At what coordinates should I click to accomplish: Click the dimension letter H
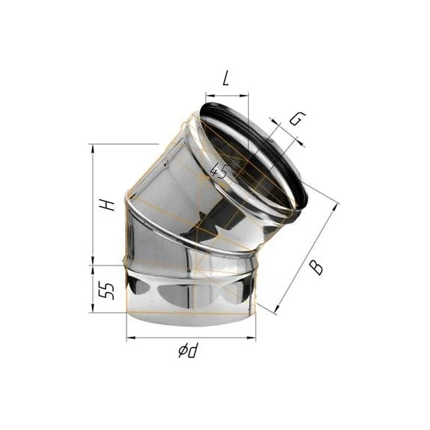109,204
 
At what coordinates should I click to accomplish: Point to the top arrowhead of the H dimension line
93,146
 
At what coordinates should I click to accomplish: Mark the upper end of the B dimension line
338,205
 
